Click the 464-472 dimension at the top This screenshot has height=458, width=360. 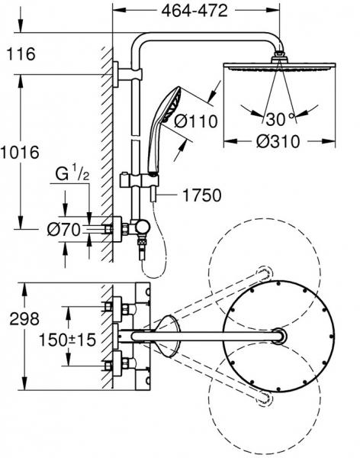click(x=194, y=11)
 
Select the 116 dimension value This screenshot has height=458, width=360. click(x=21, y=54)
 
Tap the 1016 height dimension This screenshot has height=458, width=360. click(x=20, y=153)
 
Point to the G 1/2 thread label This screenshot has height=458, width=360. click(x=72, y=173)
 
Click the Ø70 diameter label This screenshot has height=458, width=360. click(x=63, y=230)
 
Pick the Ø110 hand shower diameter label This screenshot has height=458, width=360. click(x=196, y=121)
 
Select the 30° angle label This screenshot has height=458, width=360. click(x=280, y=119)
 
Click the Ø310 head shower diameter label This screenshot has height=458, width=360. click(x=278, y=142)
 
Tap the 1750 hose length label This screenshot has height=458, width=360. click(x=202, y=195)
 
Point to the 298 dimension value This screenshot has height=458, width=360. click(x=24, y=318)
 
